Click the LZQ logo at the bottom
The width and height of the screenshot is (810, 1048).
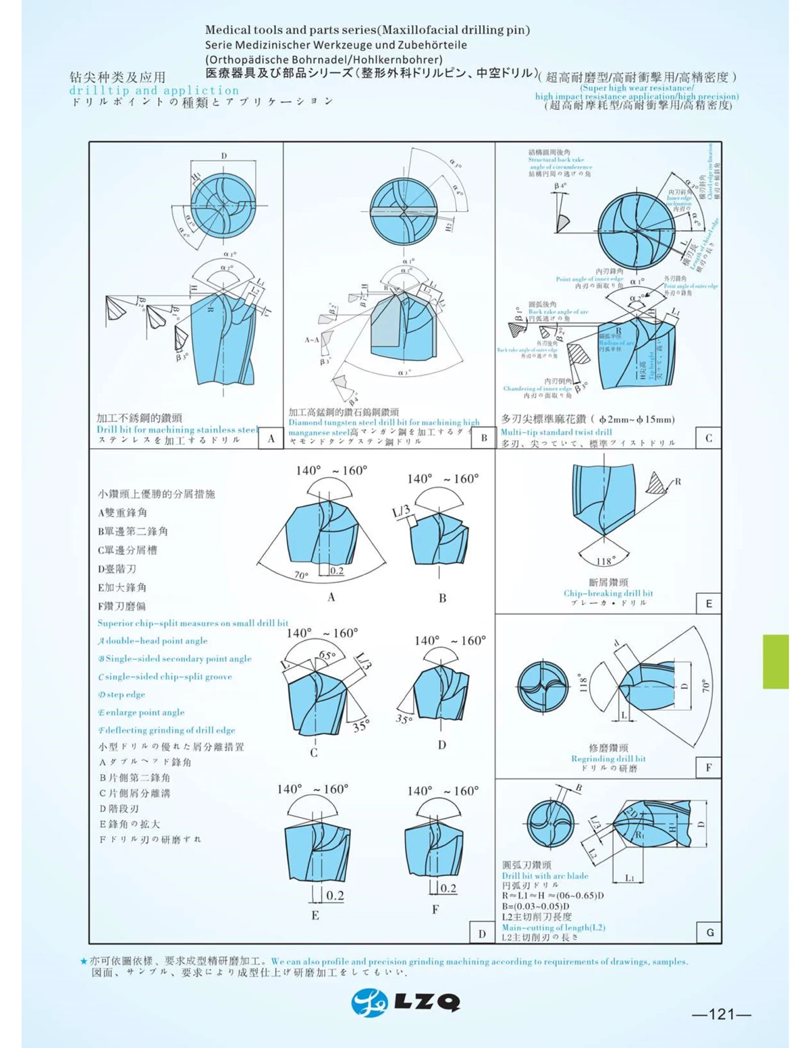pyautogui.click(x=406, y=1002)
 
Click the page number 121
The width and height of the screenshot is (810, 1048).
pyautogui.click(x=722, y=1014)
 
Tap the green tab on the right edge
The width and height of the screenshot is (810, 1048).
pyautogui.click(x=776, y=661)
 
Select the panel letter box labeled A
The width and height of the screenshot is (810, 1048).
pyautogui.click(x=271, y=439)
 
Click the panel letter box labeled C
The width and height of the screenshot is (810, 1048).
pyautogui.click(x=709, y=439)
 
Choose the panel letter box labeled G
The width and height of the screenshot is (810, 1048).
pyautogui.click(x=709, y=933)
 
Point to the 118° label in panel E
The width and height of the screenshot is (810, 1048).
pyautogui.click(x=605, y=561)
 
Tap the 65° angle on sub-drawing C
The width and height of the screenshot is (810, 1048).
pyautogui.click(x=327, y=655)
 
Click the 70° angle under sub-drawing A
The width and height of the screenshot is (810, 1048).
pyautogui.click(x=300, y=576)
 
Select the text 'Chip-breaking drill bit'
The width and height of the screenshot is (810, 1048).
pyautogui.click(x=608, y=593)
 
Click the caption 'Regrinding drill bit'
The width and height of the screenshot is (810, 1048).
pyautogui.click(x=608, y=759)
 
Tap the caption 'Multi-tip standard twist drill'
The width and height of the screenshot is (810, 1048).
pyautogui.click(x=556, y=432)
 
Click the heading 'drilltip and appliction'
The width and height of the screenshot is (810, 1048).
pyautogui.click(x=154, y=90)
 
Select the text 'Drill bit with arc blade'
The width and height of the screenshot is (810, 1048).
pyautogui.click(x=545, y=876)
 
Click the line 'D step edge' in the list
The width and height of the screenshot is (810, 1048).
pyautogui.click(x=122, y=694)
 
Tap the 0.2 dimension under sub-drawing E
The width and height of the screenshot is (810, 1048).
pyautogui.click(x=335, y=896)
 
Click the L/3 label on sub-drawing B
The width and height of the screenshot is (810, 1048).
pyautogui.click(x=401, y=512)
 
